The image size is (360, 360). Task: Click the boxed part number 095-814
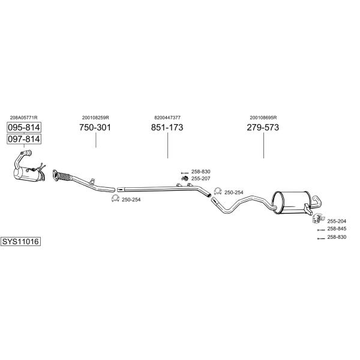[x=24, y=127]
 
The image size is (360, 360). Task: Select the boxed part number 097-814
[x=24, y=139]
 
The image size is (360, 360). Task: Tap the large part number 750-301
[x=95, y=127]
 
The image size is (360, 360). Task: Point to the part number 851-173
[x=167, y=127]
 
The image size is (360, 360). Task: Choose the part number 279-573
[x=263, y=127]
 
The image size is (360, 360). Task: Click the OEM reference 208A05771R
[x=23, y=118]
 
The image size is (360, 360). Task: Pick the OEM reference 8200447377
[x=167, y=118]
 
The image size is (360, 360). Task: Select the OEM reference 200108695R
[x=263, y=118]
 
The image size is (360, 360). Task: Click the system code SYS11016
[x=20, y=242]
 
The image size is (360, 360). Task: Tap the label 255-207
[x=201, y=179]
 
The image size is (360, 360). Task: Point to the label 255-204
[x=337, y=221]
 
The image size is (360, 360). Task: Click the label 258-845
[x=337, y=229]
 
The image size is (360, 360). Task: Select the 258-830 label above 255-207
[x=201, y=172]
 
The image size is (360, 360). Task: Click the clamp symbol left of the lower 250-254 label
[x=115, y=199]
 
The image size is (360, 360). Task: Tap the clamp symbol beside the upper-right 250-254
[x=218, y=191]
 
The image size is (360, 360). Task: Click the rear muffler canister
[x=292, y=203]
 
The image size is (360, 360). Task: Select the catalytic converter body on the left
[x=28, y=175]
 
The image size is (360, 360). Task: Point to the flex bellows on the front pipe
[x=64, y=177]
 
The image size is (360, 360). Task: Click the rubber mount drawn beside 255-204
[x=319, y=218]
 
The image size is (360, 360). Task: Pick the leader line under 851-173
[x=168, y=146]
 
